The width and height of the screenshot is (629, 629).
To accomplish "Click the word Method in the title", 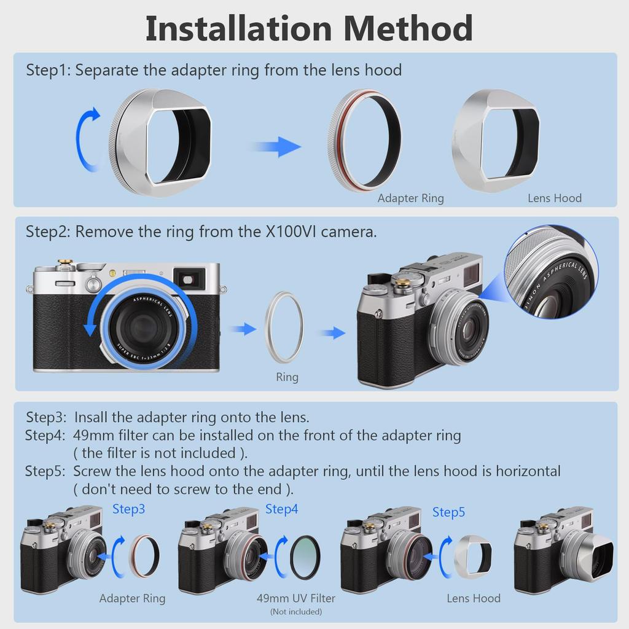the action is (408, 28).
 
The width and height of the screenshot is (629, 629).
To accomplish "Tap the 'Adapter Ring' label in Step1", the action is (410, 198).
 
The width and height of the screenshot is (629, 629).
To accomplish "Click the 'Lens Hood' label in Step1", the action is (555, 198).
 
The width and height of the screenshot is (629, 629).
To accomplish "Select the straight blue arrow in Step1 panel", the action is (277, 146).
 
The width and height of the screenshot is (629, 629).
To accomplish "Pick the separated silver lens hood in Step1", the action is (496, 140).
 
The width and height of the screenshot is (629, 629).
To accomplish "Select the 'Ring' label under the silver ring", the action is (287, 377).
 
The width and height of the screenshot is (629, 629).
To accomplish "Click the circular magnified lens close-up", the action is (551, 272).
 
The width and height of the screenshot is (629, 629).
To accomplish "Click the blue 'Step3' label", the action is (128, 509).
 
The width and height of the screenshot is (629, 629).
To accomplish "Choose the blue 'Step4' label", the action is (281, 509).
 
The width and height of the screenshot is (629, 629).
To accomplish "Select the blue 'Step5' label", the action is (448, 512).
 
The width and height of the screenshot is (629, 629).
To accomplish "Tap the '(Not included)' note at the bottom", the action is (295, 612).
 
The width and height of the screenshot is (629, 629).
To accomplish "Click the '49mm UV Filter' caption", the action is (296, 598).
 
